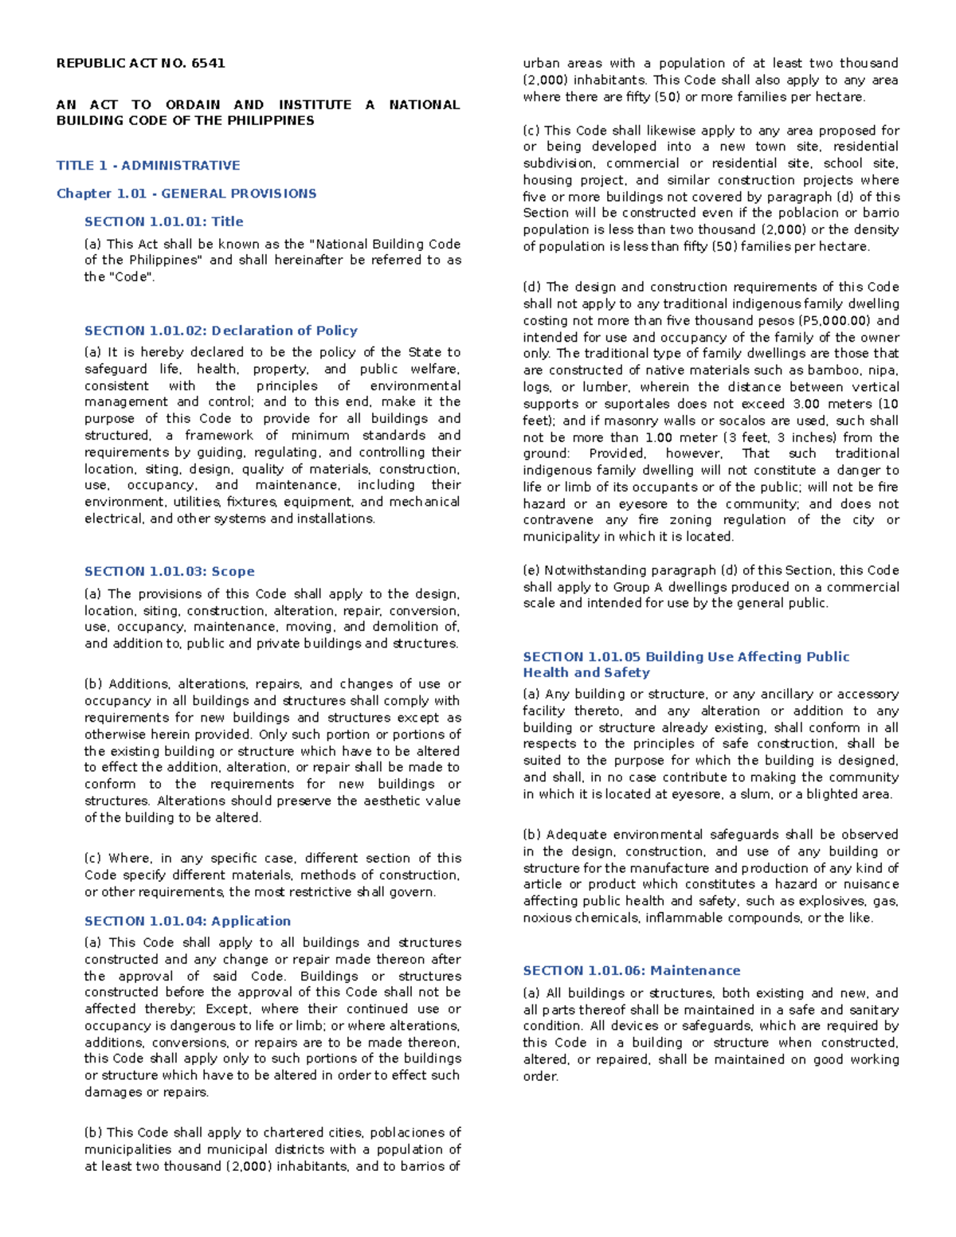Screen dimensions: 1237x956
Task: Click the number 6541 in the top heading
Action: pos(208,63)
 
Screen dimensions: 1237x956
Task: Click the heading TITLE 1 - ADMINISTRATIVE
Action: pos(148,166)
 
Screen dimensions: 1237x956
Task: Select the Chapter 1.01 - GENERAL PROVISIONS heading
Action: pos(186,194)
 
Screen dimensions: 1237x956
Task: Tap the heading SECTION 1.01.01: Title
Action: pos(164,221)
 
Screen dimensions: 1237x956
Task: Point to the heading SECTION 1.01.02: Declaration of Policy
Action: pos(221,331)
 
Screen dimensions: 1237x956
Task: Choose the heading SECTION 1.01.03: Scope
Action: pos(170,571)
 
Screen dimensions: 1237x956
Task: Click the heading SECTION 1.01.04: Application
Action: pos(188,921)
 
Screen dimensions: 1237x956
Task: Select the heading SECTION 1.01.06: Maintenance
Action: pos(631,970)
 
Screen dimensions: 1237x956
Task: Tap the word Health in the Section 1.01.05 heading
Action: pos(544,672)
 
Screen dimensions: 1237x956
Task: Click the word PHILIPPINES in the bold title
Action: pos(272,121)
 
